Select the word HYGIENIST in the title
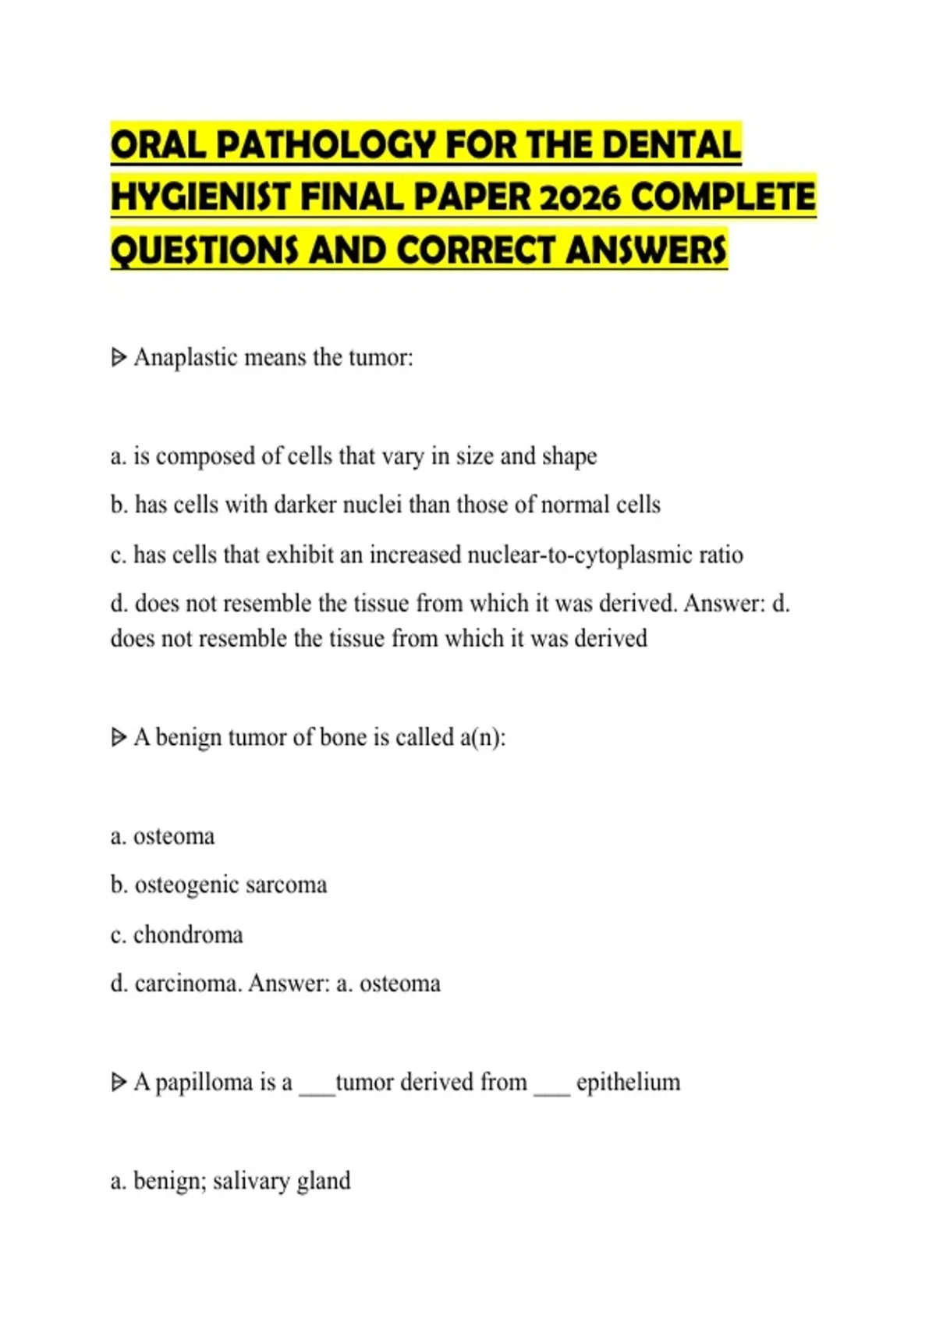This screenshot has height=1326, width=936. click(x=200, y=198)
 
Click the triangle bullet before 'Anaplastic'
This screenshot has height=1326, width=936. click(x=119, y=358)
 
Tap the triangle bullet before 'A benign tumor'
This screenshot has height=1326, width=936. click(x=119, y=737)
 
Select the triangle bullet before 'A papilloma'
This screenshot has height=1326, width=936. click(x=119, y=1082)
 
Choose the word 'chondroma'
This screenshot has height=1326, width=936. click(x=188, y=934)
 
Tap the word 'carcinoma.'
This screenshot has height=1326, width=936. click(x=187, y=984)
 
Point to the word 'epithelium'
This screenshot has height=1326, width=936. click(x=628, y=1082)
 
